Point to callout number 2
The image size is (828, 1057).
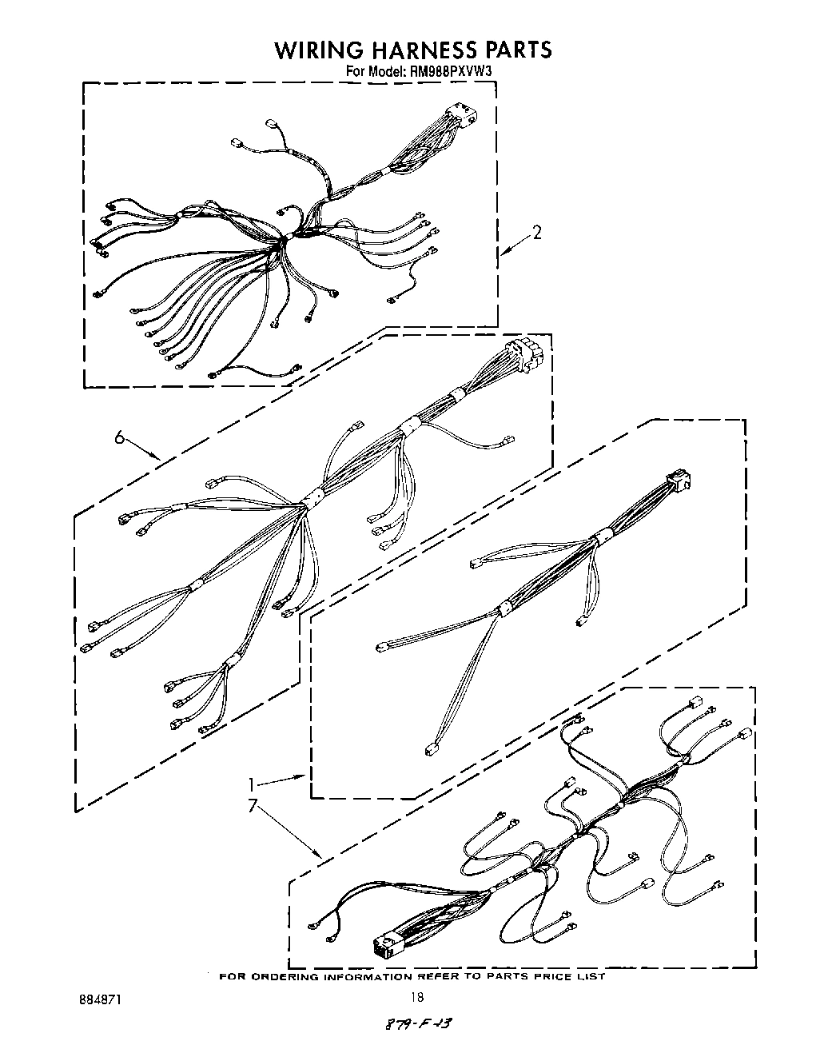coord(537,233)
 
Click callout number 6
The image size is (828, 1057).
coord(119,437)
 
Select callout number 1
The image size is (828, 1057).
coord(253,784)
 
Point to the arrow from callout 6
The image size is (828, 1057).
coord(145,449)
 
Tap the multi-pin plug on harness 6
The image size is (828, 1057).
coord(524,356)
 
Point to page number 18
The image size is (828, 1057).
coord(416,997)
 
